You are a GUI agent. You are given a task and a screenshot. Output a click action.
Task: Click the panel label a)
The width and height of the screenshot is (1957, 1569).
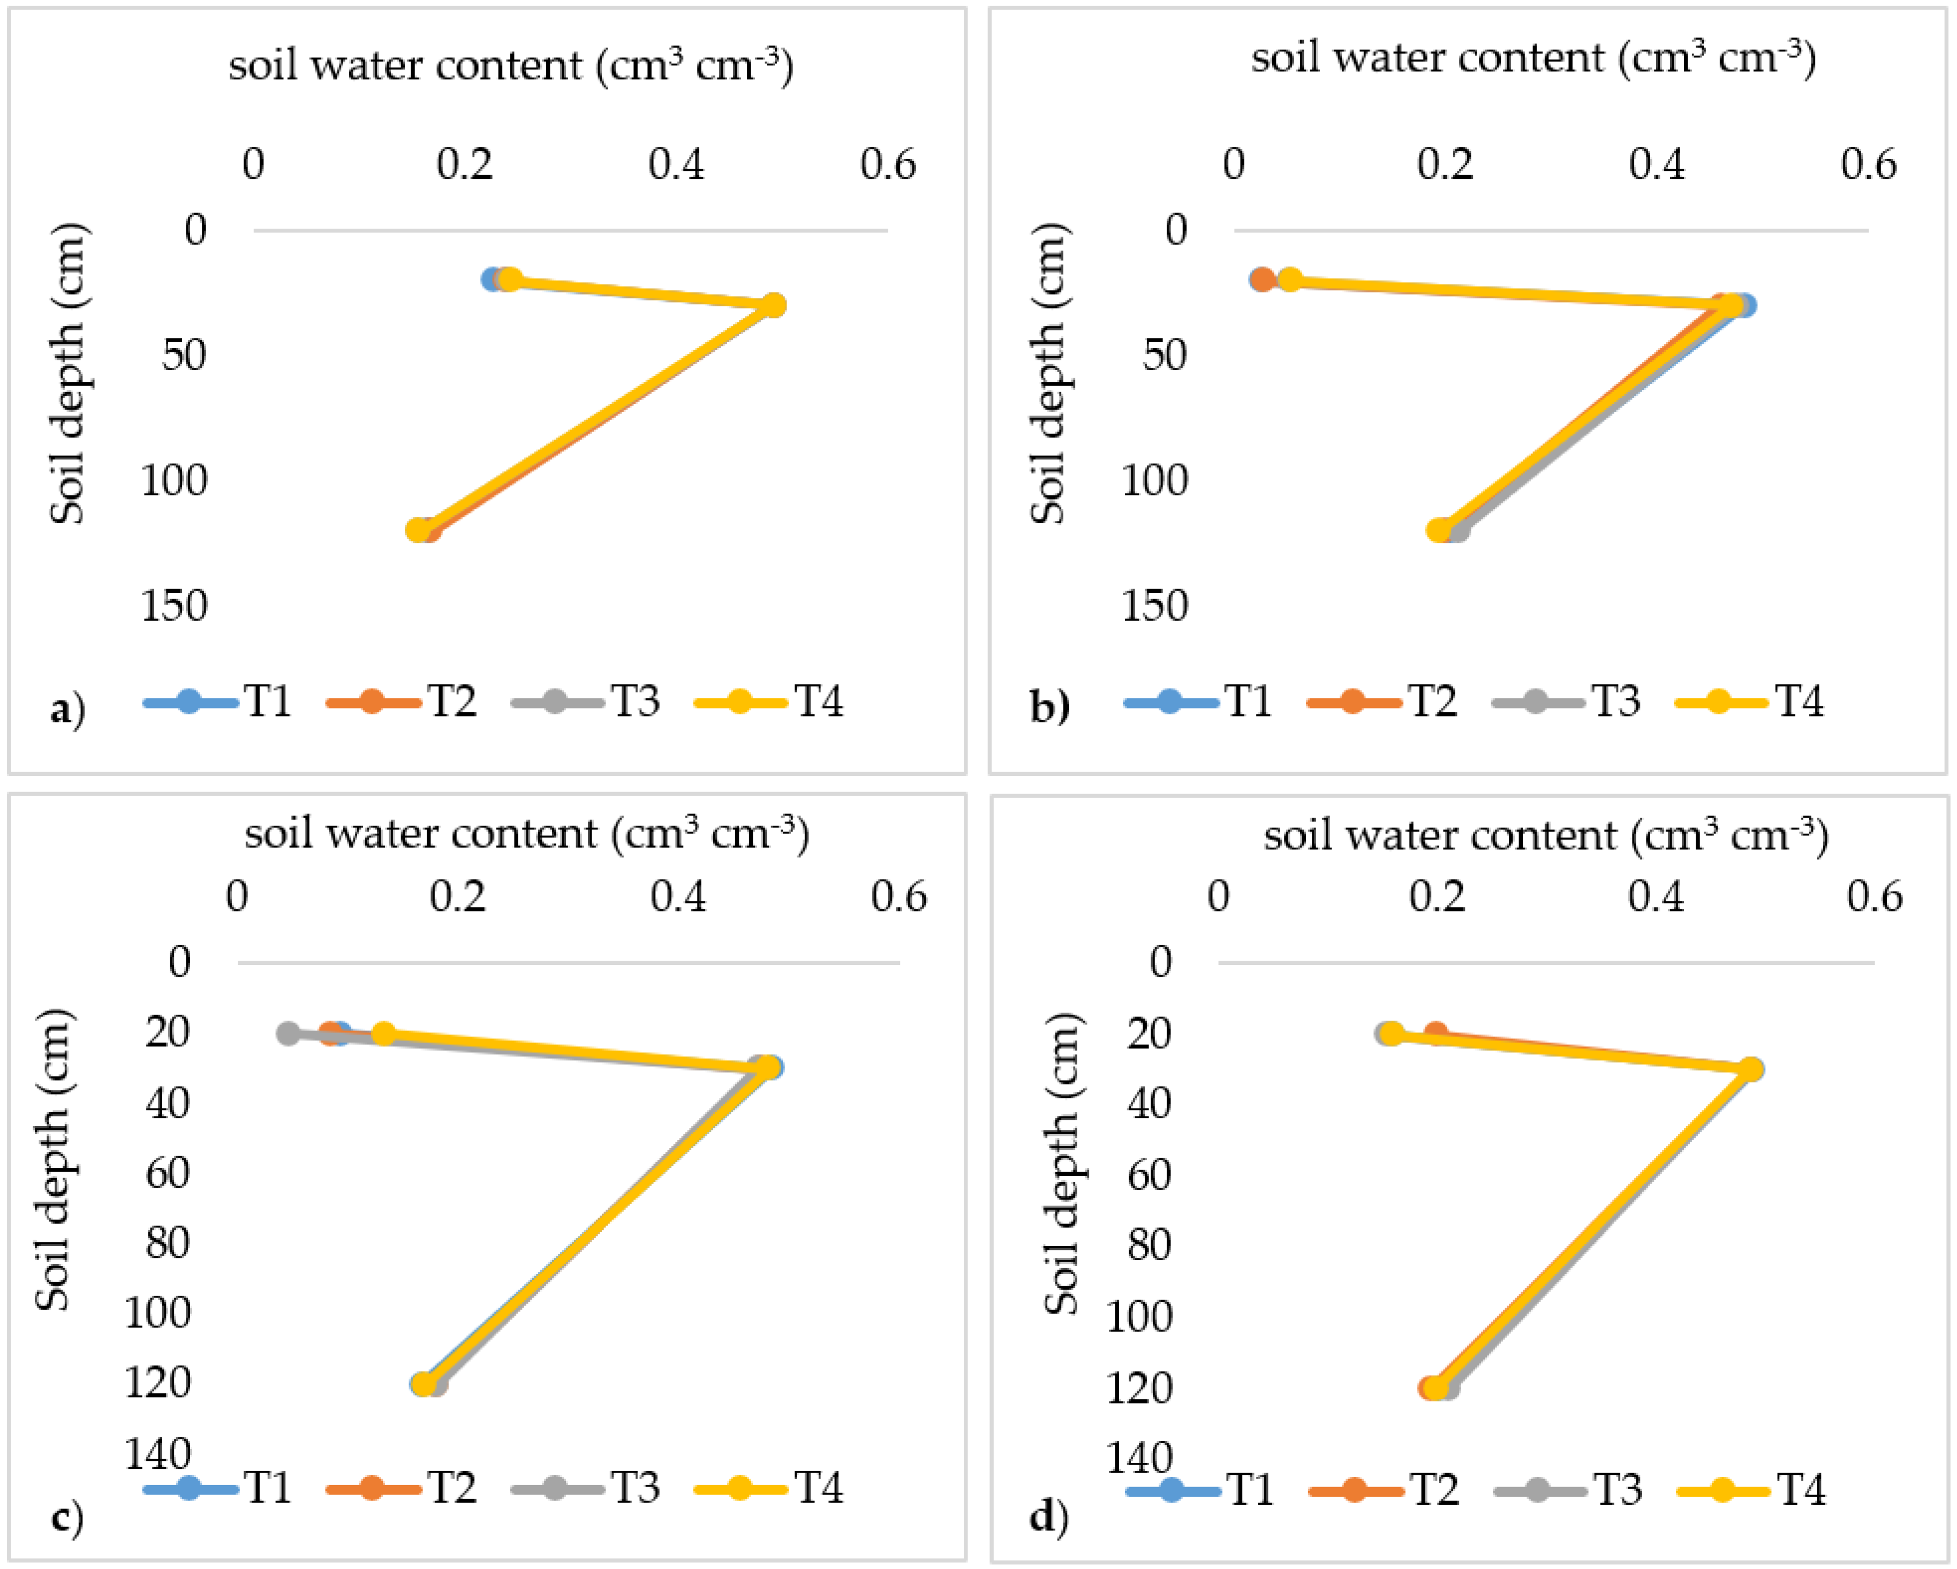pyautogui.click(x=67, y=708)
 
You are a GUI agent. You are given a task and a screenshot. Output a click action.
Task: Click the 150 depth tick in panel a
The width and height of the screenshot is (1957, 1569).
pyautogui.click(x=174, y=605)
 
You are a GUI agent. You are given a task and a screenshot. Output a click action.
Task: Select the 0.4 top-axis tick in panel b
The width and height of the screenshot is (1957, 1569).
pyautogui.click(x=1657, y=164)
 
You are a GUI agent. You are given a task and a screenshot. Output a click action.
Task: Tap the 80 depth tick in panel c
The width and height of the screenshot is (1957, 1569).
pyautogui.click(x=168, y=1242)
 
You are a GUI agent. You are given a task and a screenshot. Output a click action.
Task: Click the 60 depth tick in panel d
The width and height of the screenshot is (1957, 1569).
pyautogui.click(x=1149, y=1174)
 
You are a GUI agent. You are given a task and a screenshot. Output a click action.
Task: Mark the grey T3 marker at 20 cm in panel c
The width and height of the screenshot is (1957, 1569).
pyautogui.click(x=289, y=1034)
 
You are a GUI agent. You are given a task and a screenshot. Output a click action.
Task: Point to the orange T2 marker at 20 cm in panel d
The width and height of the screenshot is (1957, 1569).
pyautogui.click(x=1435, y=1034)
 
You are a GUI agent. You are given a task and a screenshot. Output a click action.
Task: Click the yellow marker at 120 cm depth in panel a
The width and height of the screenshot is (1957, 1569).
pyautogui.click(x=417, y=530)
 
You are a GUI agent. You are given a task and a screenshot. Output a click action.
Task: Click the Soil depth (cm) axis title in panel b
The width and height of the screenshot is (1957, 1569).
pyautogui.click(x=1049, y=372)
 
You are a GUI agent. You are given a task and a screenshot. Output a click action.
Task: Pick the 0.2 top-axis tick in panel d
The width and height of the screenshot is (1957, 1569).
pyautogui.click(x=1438, y=897)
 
